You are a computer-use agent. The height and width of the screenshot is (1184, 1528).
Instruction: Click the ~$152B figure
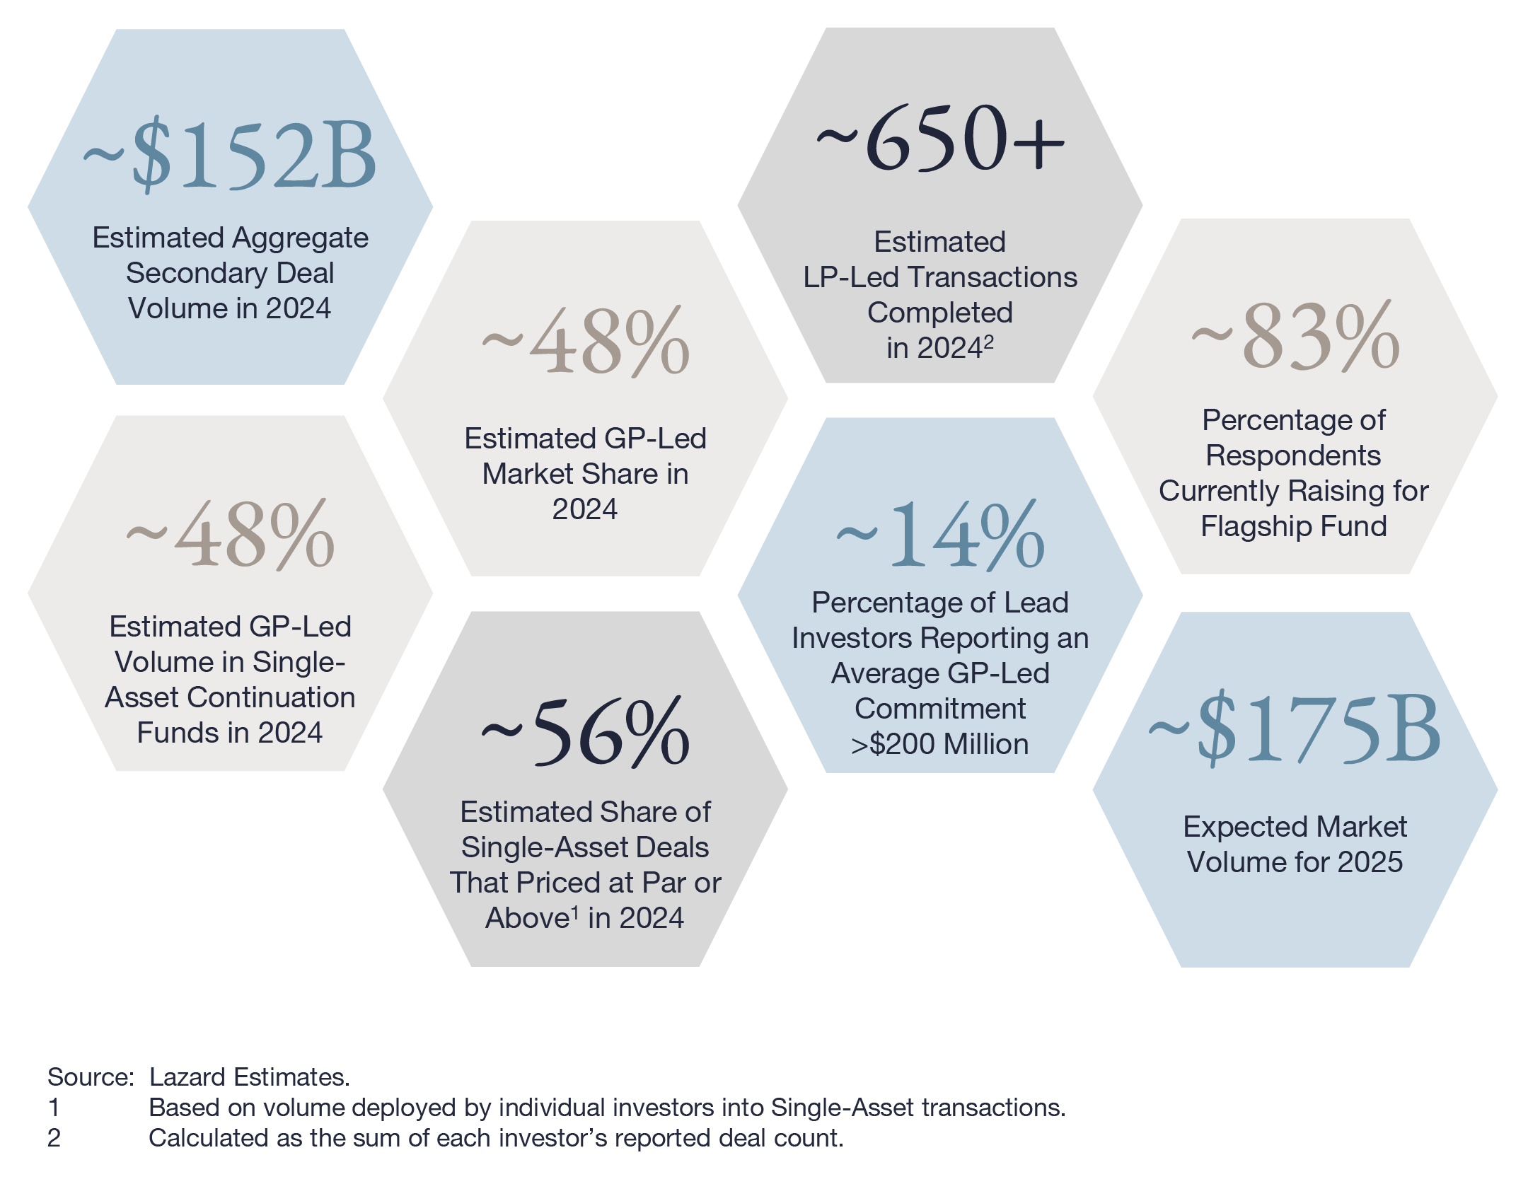tap(230, 156)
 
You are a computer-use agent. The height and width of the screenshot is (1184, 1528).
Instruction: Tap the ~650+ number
tap(940, 138)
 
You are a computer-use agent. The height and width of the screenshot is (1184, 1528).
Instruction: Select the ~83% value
tap(1295, 337)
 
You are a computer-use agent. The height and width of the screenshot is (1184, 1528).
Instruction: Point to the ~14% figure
tap(940, 535)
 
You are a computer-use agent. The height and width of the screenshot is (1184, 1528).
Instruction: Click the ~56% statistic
tap(585, 732)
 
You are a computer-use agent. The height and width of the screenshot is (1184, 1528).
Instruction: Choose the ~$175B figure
tap(1295, 729)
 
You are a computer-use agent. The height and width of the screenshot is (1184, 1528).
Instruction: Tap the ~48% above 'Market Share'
tap(585, 342)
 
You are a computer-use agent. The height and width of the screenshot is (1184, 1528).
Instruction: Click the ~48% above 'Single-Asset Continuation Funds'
tap(230, 535)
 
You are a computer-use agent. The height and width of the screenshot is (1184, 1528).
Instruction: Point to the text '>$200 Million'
tap(940, 744)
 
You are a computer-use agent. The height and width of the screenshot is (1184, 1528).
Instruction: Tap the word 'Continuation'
tap(271, 697)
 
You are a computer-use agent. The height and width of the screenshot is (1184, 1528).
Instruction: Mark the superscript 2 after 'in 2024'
tap(989, 342)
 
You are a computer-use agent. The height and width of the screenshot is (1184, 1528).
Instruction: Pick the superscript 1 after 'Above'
tap(574, 912)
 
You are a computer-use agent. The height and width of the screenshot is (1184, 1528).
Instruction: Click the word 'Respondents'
tap(1293, 455)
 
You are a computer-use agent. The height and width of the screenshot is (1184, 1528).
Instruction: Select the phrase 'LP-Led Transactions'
tap(940, 277)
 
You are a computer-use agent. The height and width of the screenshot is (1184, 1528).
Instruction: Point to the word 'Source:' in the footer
tap(91, 1076)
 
